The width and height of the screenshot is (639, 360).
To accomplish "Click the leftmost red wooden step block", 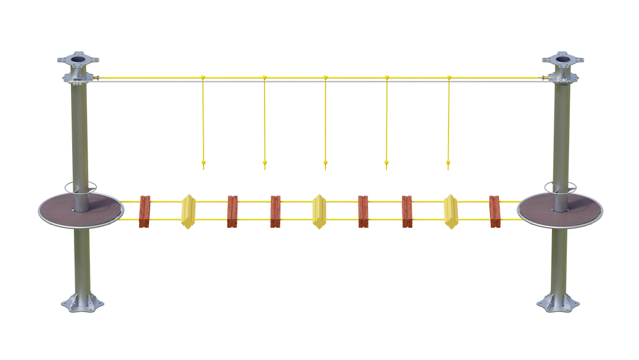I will [x=145, y=211].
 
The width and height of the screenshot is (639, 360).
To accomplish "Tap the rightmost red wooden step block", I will [x=495, y=211].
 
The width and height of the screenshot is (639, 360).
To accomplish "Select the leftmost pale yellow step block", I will [x=188, y=211].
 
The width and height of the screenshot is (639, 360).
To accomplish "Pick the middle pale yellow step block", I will [x=318, y=211].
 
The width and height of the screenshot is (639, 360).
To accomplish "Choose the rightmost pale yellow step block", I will [x=451, y=211].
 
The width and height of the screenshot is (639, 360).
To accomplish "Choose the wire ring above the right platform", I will [x=559, y=187].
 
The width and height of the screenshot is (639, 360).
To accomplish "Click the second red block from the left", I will [x=232, y=211].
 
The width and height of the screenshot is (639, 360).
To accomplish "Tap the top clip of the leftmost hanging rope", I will [x=202, y=77].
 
